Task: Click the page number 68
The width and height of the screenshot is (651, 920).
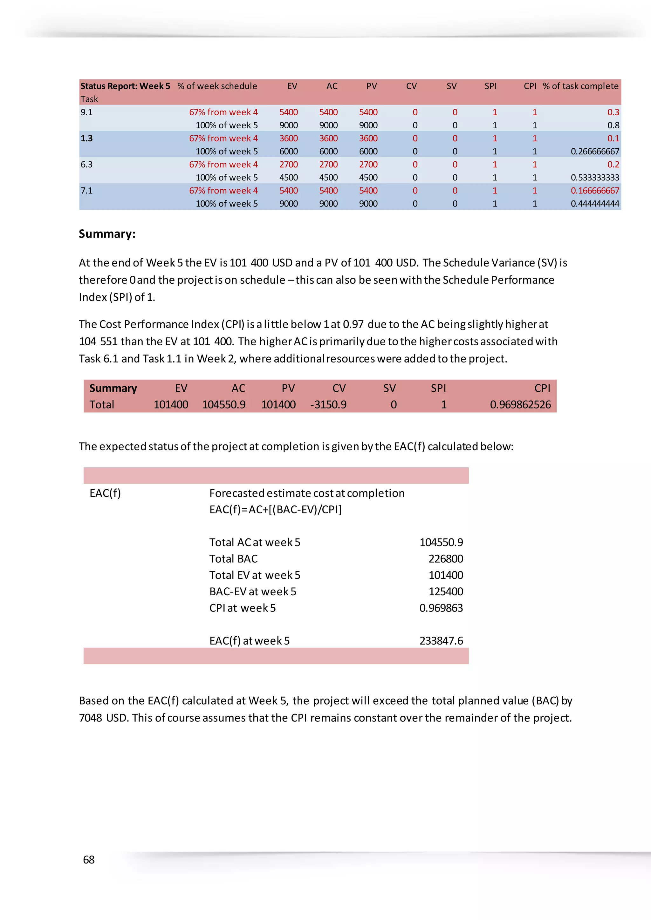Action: tap(89, 860)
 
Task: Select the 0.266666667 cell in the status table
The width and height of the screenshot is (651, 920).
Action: tap(595, 152)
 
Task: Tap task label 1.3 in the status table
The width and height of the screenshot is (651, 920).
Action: tap(86, 138)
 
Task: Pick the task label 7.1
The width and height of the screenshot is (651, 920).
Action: tap(86, 190)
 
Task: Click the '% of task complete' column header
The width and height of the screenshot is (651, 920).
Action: tap(580, 86)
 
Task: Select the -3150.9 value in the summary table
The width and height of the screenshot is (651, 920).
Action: tap(328, 405)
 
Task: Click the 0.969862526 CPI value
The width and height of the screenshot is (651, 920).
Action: tap(520, 405)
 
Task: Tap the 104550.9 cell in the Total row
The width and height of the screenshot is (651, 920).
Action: tap(224, 405)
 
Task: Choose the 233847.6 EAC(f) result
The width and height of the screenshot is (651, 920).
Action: tap(441, 641)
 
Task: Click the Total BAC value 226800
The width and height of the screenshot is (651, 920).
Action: tap(446, 558)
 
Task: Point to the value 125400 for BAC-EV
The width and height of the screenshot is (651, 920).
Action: tap(446, 592)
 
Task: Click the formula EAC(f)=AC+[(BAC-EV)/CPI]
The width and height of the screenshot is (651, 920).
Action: tap(275, 509)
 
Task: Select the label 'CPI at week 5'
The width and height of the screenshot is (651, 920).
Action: tap(243, 608)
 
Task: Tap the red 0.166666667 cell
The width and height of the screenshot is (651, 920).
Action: tap(595, 191)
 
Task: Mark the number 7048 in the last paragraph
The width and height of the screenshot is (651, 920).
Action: tap(91, 718)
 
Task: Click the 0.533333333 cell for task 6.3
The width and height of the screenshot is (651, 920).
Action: tap(595, 178)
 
